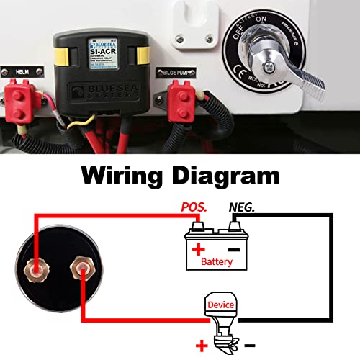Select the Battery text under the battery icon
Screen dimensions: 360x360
click(216, 261)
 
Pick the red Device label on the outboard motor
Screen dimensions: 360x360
click(220, 304)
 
